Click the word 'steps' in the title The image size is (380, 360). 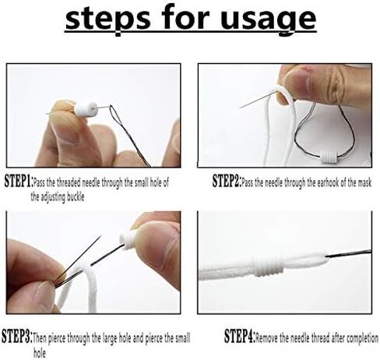tap(107, 19)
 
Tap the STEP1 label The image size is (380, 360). tap(19, 181)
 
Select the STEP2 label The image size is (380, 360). tap(227, 181)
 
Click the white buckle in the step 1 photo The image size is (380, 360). tap(86, 110)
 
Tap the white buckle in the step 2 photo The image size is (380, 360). tap(329, 157)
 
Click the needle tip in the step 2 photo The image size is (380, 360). tap(241, 108)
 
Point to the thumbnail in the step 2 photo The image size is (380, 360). tap(297, 82)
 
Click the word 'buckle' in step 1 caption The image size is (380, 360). tap(76, 197)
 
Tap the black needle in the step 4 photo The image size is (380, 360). tap(349, 253)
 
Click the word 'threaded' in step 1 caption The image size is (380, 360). tap(69, 182)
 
